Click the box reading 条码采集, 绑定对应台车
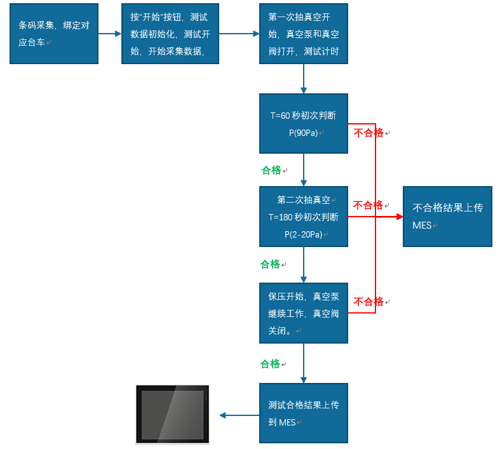pos(54,34)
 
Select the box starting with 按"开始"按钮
pos(170,34)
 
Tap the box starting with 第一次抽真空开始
pos(304,34)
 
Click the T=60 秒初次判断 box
pos(304,124)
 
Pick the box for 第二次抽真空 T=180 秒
pos(304,217)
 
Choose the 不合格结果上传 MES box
pos(447,217)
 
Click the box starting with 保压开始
pos(304,313)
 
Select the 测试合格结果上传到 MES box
pos(304,413)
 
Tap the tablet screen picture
pos(173,414)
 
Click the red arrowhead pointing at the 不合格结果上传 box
pos(400,217)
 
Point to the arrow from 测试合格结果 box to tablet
pos(240,415)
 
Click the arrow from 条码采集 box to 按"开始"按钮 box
pos(110,34)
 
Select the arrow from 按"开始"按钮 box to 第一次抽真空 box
pos(239,34)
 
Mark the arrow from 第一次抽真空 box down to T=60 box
pos(304,79)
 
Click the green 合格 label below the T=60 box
pos(271,170)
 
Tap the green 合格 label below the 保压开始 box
pos(270,364)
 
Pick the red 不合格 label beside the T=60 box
pos(368,133)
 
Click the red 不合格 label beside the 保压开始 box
pos(368,302)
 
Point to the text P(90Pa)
pos(304,133)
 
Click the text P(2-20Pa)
pos(304,234)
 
